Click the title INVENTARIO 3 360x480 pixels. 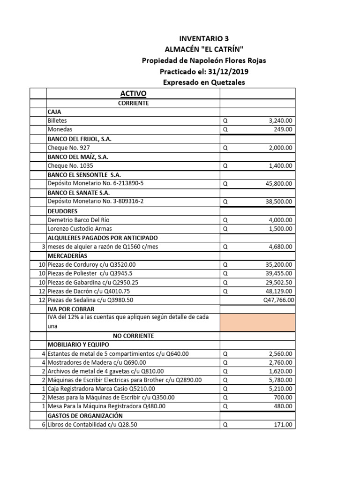204,38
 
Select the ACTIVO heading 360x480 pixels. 133,94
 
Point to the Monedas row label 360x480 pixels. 60,129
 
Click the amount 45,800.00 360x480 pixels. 278,184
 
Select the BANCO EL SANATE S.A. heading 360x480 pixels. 79,193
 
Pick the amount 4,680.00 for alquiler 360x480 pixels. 279,247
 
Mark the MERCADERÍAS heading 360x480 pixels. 67,255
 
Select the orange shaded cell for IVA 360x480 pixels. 257,322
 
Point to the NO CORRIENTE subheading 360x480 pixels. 133,336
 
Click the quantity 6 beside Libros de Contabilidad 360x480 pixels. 43,425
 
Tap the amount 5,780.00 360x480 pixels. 279,380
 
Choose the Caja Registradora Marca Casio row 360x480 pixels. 101,389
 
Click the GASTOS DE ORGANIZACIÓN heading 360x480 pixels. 85,416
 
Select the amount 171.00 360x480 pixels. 283,425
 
